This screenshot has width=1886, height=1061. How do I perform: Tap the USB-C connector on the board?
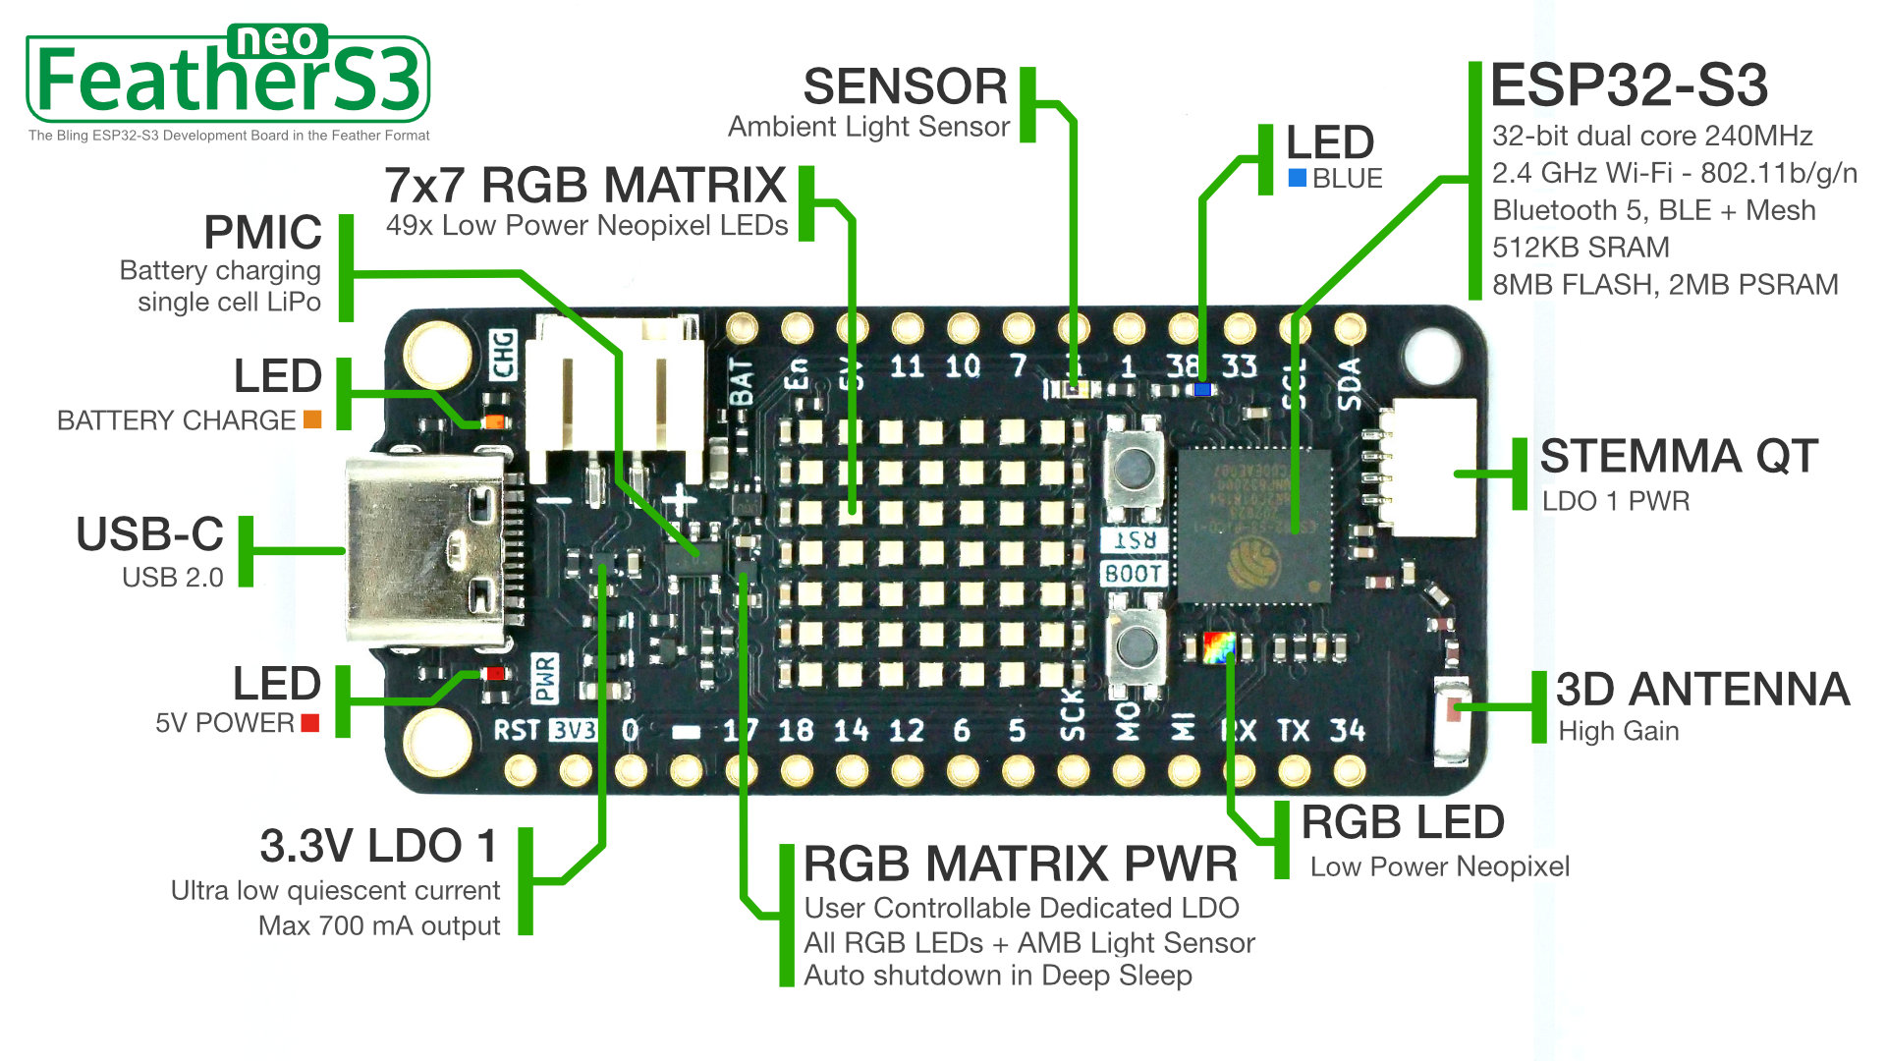(x=424, y=550)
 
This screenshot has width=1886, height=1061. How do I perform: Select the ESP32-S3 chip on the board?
(x=1253, y=527)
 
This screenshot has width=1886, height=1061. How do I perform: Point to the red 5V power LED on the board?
(x=494, y=674)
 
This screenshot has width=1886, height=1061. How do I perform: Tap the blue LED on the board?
(x=1201, y=390)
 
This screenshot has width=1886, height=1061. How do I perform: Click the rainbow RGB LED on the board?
(x=1218, y=646)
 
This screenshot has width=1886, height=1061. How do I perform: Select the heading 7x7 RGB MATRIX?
(x=585, y=186)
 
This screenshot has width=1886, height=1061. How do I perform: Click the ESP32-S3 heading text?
(x=1629, y=86)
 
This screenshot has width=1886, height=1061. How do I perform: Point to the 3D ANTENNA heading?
(x=1702, y=690)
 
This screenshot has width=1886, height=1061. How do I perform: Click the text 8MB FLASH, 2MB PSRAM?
(x=1665, y=285)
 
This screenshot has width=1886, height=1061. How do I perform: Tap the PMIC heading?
(x=262, y=233)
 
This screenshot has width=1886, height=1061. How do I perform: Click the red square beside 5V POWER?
(x=310, y=723)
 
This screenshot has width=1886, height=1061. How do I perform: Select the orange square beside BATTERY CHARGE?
(x=312, y=420)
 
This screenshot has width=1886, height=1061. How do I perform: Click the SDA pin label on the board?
(x=1350, y=383)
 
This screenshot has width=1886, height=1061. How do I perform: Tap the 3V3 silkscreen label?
(x=573, y=730)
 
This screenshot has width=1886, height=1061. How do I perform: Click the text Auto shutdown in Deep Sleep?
(x=998, y=976)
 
